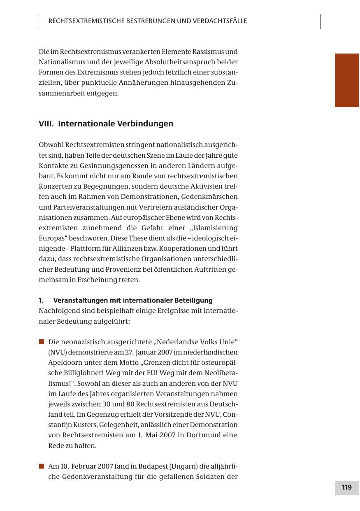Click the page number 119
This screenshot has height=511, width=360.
coord(346,488)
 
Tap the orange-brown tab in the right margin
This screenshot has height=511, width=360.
coord(347,80)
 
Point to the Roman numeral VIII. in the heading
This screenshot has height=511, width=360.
coord(46,124)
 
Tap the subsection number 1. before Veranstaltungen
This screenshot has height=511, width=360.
coord(41,300)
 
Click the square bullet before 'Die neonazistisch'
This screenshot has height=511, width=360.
coord(41,342)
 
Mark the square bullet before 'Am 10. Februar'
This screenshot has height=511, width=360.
coord(41,466)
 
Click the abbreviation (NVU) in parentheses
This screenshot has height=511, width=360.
coord(57,352)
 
